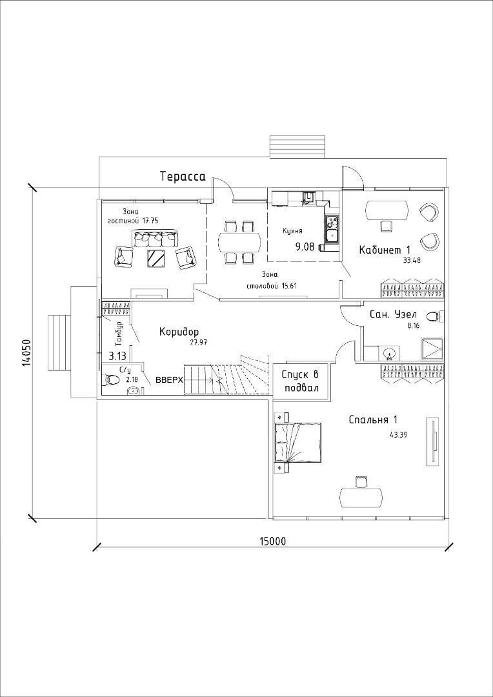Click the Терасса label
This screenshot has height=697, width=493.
pyautogui.click(x=183, y=176)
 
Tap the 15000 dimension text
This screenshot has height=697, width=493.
pyautogui.click(x=272, y=541)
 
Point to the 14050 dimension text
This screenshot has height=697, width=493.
pyautogui.click(x=26, y=353)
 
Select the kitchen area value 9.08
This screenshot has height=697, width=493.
pyautogui.click(x=305, y=247)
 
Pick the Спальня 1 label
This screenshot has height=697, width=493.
pyautogui.click(x=373, y=419)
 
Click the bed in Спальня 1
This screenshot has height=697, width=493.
pyautogui.click(x=297, y=443)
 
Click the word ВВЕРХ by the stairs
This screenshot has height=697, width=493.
pyautogui.click(x=169, y=380)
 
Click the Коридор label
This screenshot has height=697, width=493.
pyautogui.click(x=179, y=332)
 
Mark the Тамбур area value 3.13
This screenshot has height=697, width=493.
pyautogui.click(x=117, y=356)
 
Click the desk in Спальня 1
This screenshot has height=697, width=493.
pyautogui.click(x=361, y=498)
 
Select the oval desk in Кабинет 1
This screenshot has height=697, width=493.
pyautogui.click(x=387, y=210)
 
